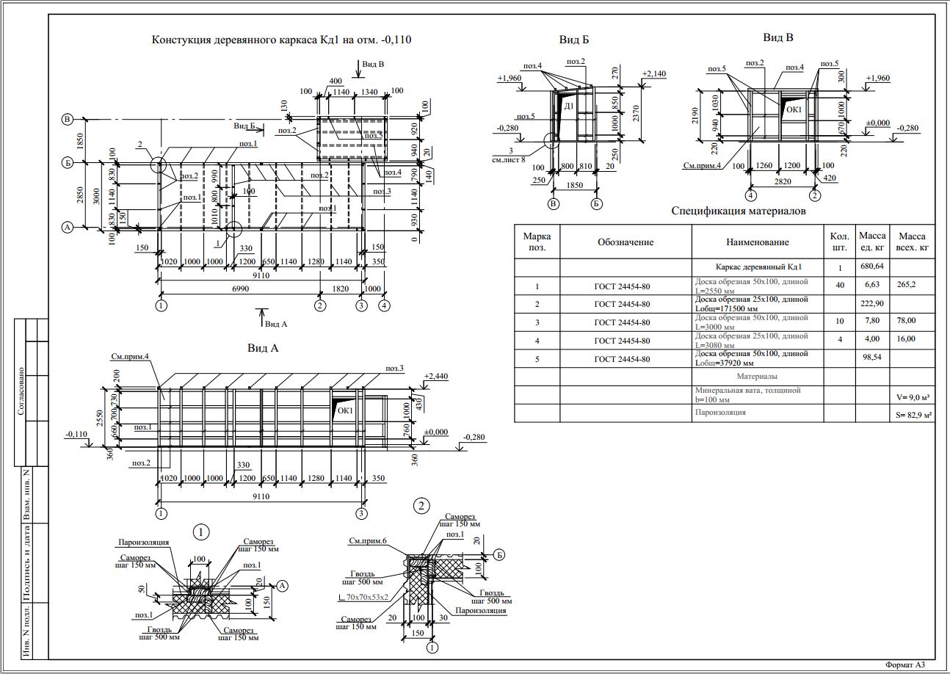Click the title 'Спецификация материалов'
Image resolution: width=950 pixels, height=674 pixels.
coord(739,211)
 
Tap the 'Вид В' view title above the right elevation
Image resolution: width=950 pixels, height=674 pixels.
coord(777,37)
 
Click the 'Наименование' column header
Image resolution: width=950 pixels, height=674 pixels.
coord(758,242)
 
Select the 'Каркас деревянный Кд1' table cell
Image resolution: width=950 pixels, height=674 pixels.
coord(758,267)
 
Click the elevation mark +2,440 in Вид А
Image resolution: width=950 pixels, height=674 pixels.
coord(437,376)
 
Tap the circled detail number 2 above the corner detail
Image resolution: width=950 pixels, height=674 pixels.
coord(421,505)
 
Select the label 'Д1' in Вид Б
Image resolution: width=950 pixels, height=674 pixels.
coord(569,107)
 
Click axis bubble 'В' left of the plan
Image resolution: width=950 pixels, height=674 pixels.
coord(67,120)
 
